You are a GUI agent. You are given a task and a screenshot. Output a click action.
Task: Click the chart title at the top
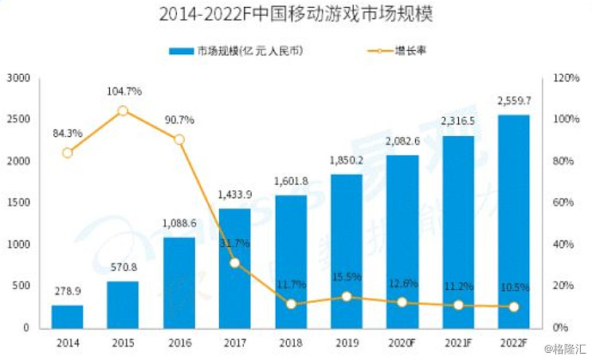click(295, 14)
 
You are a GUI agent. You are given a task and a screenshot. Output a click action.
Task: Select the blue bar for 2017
click(235, 268)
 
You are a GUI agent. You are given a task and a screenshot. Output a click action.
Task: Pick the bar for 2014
click(68, 316)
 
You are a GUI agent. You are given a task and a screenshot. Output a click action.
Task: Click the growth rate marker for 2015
click(123, 111)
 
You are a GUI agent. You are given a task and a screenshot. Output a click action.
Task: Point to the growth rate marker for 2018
click(291, 304)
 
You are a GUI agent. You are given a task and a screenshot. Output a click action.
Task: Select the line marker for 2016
click(179, 139)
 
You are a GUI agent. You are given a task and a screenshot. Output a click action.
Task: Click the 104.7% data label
click(123, 92)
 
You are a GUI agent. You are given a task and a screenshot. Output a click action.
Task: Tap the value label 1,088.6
click(178, 225)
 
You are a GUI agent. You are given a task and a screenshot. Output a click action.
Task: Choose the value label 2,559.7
click(514, 102)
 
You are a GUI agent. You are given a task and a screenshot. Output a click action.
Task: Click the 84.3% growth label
click(67, 133)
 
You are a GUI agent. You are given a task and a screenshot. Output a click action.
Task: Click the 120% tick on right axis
click(564, 78)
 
